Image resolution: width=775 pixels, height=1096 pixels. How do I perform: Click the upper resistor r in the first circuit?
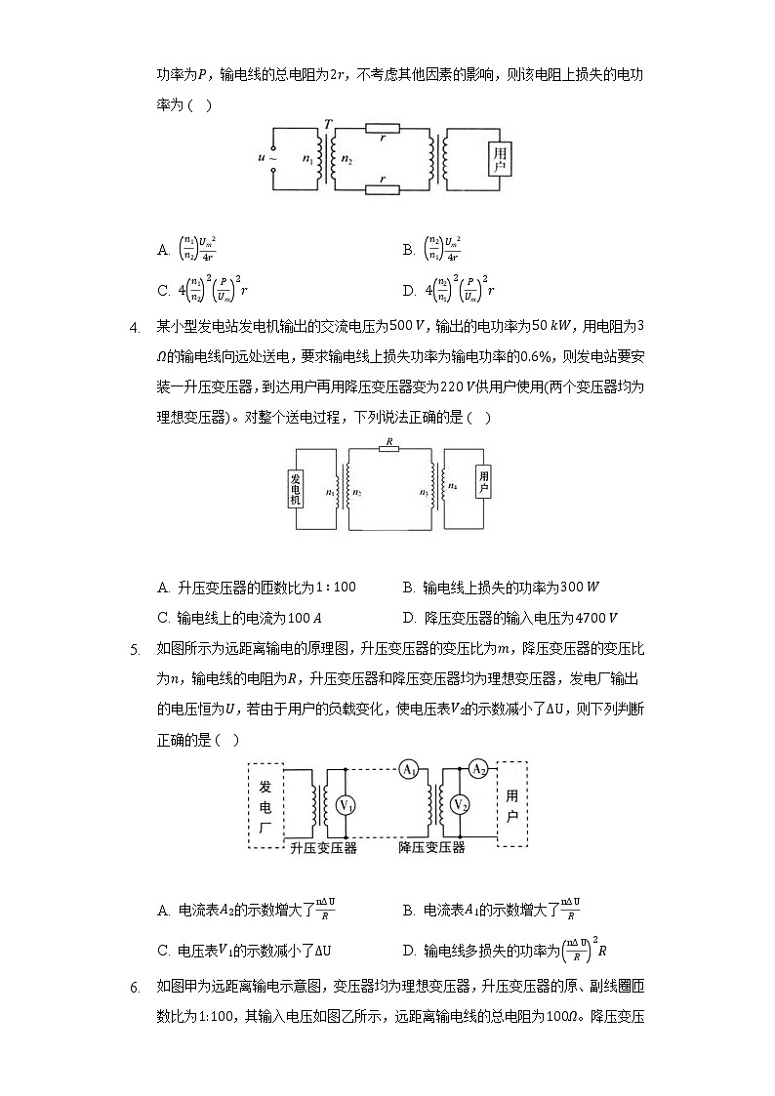pyautogui.click(x=382, y=128)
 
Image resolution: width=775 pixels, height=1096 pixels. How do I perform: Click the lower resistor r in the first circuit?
pyautogui.click(x=382, y=189)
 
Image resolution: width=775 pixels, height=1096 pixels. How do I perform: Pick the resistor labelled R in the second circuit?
pyautogui.click(x=389, y=450)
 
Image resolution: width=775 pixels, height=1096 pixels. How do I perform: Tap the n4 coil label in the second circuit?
pyautogui.click(x=452, y=485)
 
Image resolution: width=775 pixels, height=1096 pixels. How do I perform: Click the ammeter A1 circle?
pyautogui.click(x=408, y=769)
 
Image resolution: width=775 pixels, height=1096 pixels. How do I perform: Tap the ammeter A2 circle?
pyautogui.click(x=478, y=769)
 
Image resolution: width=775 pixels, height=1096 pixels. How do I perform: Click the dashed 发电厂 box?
pyautogui.click(x=265, y=804)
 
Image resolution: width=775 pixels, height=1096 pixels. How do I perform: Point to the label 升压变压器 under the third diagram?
pyautogui.click(x=324, y=848)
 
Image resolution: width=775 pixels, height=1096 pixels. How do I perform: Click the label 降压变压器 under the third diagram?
pyautogui.click(x=432, y=848)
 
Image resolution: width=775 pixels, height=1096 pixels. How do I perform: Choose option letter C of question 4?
pyautogui.click(x=163, y=618)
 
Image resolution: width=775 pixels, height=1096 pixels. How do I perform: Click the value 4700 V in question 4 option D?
pyautogui.click(x=598, y=618)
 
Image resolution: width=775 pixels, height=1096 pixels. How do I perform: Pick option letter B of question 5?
pyautogui.click(x=409, y=911)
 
